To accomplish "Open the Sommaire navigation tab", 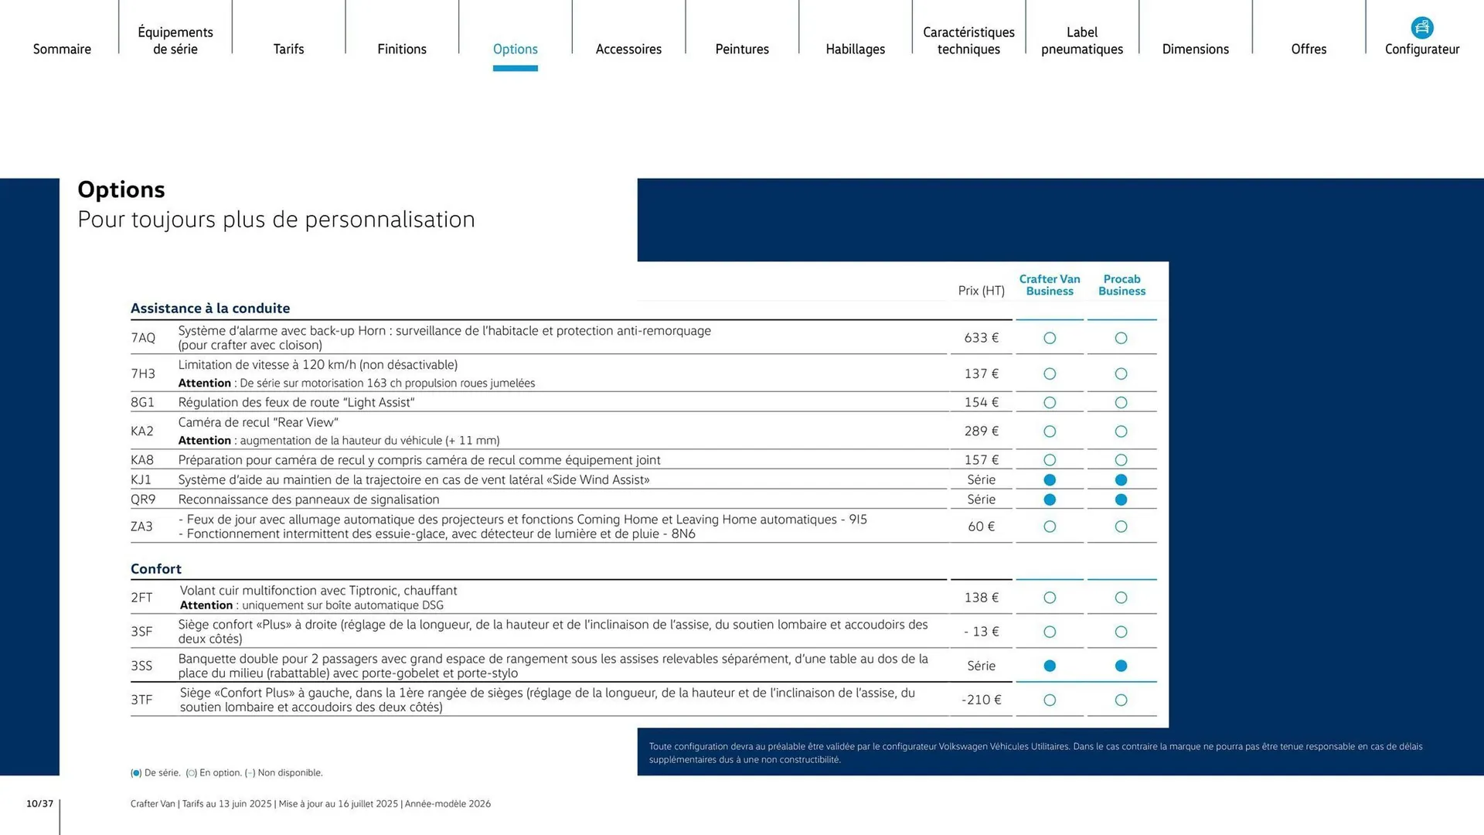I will point(62,49).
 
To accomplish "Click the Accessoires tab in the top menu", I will point(628,49).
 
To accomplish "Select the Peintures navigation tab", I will point(742,49).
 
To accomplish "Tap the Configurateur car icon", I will point(1421,28).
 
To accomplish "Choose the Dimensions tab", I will point(1195,49).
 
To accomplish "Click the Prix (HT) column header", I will point(981,291).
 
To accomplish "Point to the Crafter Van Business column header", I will point(1050,285).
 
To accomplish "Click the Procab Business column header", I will point(1122,285).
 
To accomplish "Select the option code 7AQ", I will point(143,338).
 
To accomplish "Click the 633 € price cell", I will point(981,338).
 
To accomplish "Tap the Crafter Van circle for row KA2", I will point(1050,431).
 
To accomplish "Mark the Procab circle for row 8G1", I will point(1122,403).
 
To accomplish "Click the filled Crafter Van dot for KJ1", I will point(1050,480).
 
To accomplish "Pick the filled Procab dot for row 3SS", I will point(1122,666).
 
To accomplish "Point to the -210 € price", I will point(981,700).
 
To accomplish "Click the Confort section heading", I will point(156,569).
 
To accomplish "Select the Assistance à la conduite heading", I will point(210,308).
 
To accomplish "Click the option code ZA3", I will point(141,527).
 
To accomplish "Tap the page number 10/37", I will point(40,804).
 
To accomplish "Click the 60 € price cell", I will point(981,527).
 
